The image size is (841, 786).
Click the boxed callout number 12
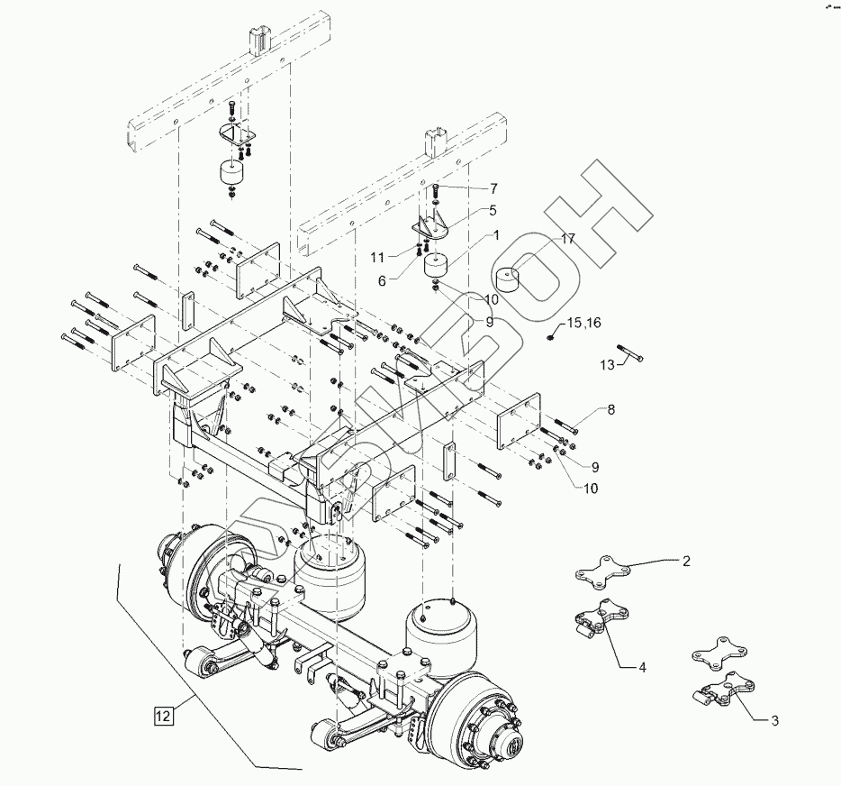click(x=162, y=717)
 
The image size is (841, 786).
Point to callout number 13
click(x=607, y=364)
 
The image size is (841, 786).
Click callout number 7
click(x=493, y=187)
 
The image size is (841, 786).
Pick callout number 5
click(x=493, y=210)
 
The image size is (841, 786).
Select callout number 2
click(x=685, y=561)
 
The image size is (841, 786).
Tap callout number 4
click(x=642, y=668)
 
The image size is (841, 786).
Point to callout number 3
click(x=774, y=720)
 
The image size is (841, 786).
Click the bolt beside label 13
click(x=628, y=352)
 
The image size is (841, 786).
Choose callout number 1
click(x=494, y=235)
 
